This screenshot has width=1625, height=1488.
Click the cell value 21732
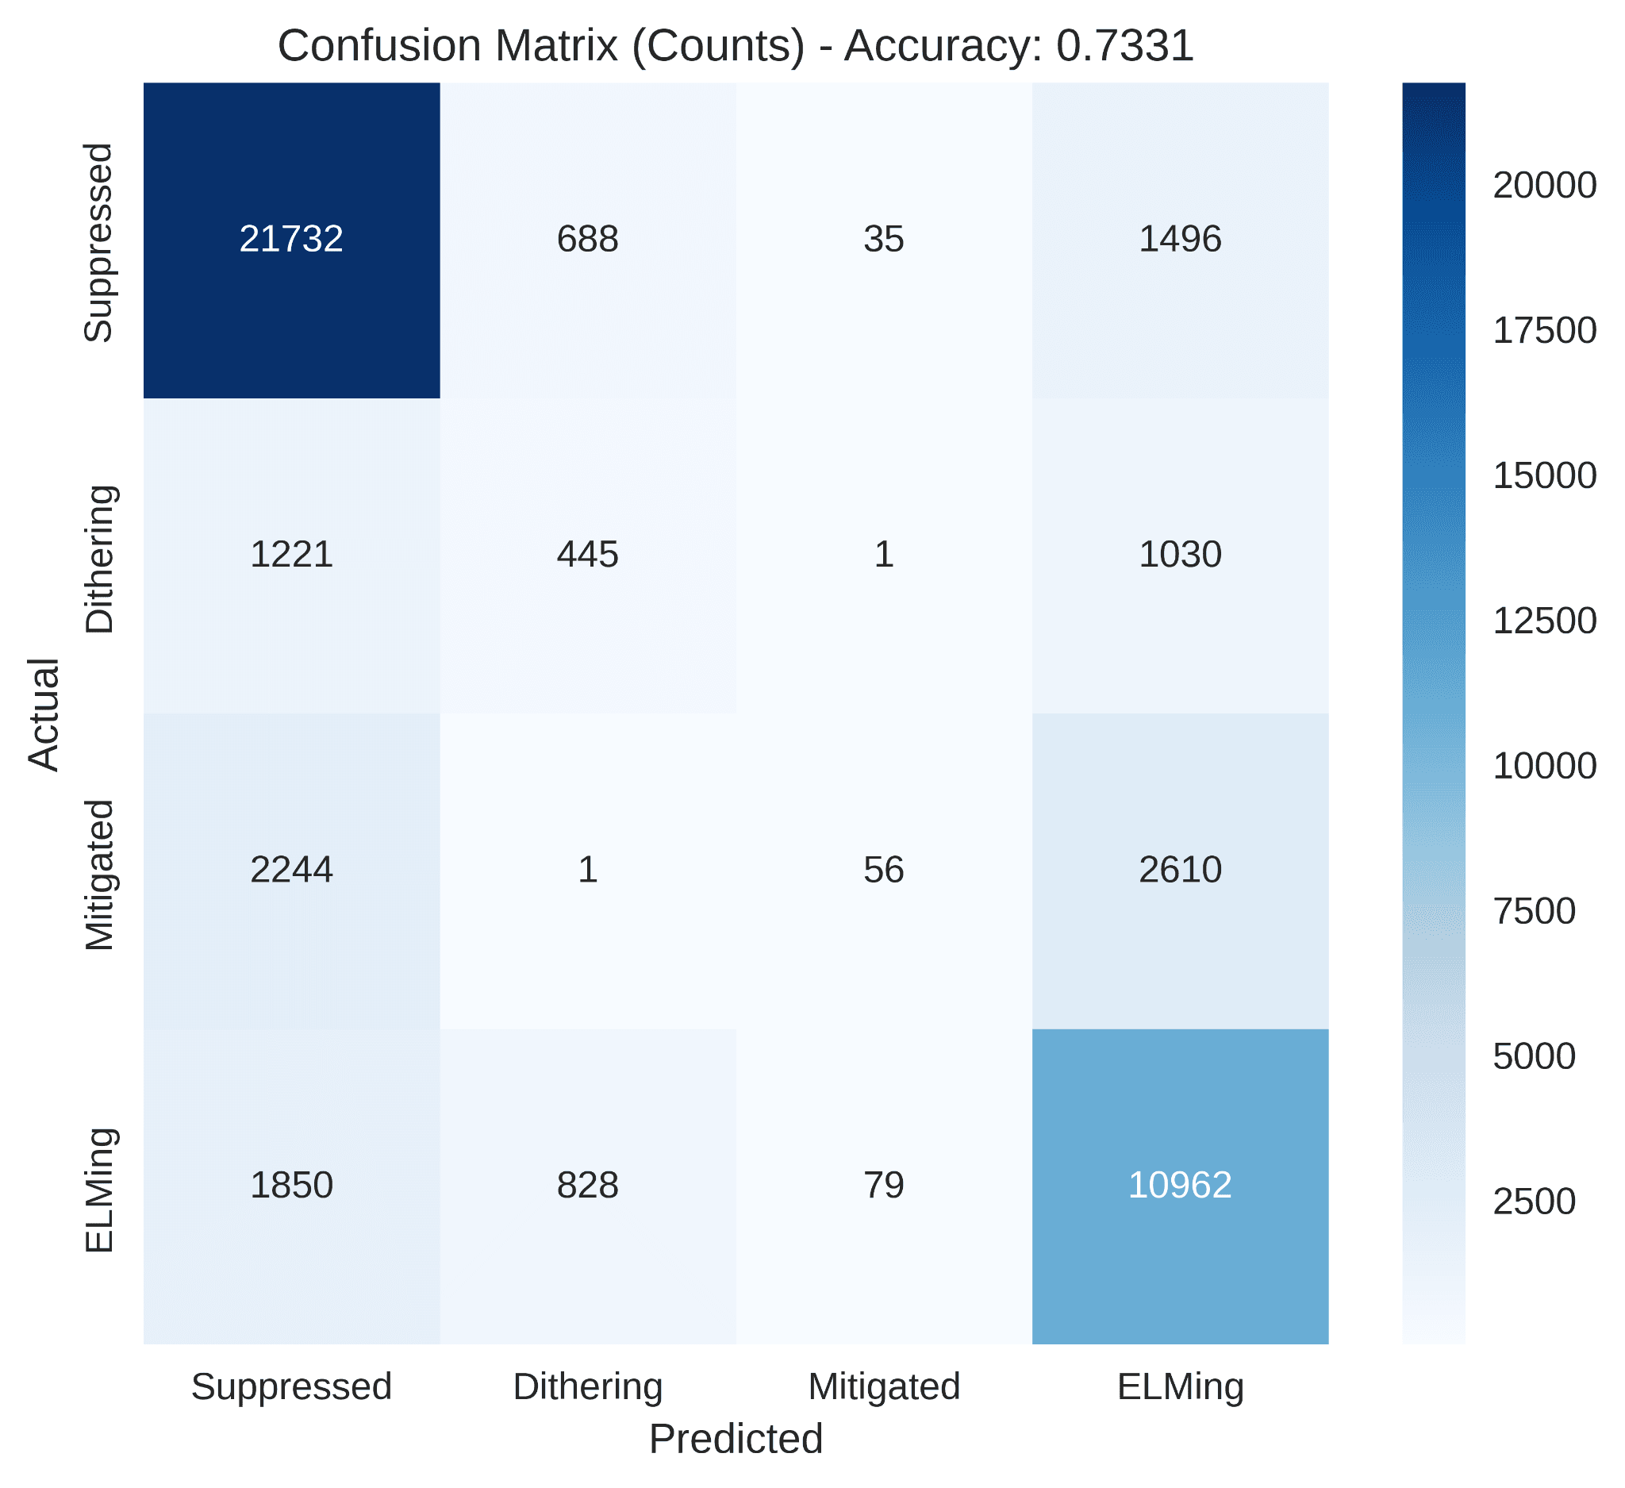291,240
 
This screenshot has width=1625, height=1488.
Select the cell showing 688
588,240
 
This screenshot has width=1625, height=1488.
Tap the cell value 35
883,240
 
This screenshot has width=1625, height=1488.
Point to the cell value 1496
1180,240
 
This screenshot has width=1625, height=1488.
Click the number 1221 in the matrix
291,555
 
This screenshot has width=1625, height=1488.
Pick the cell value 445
588,555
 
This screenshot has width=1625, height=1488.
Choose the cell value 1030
1180,555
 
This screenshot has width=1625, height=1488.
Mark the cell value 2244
291,870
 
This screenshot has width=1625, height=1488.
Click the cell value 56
883,870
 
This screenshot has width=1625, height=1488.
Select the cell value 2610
1180,870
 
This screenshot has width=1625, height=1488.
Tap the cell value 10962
1180,1185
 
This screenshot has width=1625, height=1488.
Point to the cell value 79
883,1185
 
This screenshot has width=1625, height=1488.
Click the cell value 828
588,1185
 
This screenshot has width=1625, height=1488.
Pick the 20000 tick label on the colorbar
1543,186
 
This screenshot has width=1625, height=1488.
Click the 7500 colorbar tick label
1534,911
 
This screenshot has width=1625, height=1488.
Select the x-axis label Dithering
588,1386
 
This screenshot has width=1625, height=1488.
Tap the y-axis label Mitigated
100,875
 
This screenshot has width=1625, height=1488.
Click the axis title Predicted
736,1440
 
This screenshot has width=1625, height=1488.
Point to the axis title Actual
44,714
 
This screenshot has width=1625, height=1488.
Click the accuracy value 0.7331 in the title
1124,46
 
